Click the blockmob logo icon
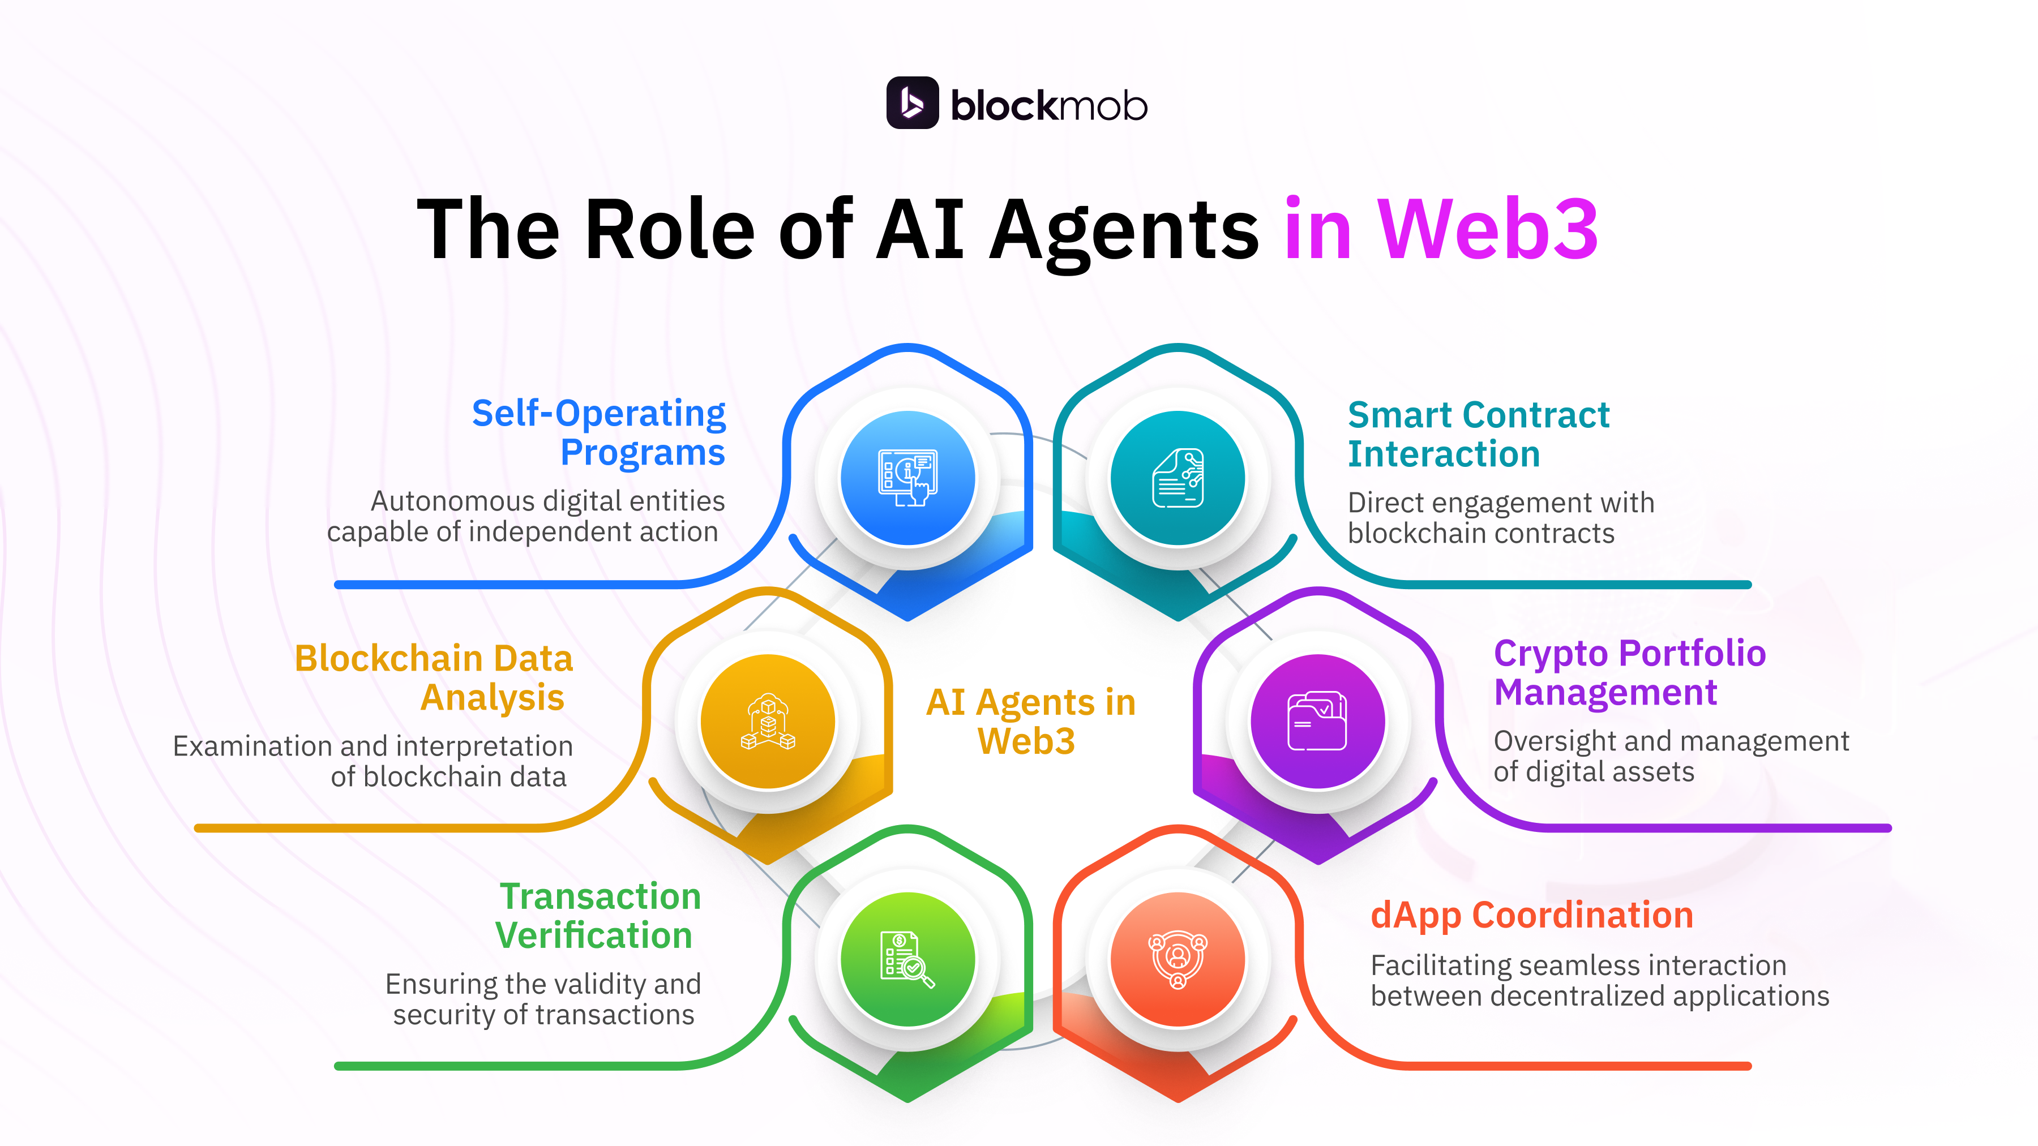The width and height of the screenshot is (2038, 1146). [912, 103]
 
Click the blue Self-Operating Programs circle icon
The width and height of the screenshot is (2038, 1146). [907, 478]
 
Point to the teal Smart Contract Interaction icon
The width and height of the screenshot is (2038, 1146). [1178, 478]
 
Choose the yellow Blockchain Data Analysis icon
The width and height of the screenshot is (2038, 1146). [768, 722]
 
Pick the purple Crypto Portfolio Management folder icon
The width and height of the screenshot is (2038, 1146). [1317, 722]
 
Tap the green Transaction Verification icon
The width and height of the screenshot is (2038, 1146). [907, 959]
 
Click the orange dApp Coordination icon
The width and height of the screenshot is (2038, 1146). [1178, 959]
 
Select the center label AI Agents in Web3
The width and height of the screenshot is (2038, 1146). [1030, 722]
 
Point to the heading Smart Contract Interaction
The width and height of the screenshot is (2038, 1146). [1478, 434]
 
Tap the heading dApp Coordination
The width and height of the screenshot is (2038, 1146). [1532, 915]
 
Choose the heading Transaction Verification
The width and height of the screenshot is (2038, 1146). [598, 916]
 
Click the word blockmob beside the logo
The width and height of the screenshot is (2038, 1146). [1048, 106]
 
